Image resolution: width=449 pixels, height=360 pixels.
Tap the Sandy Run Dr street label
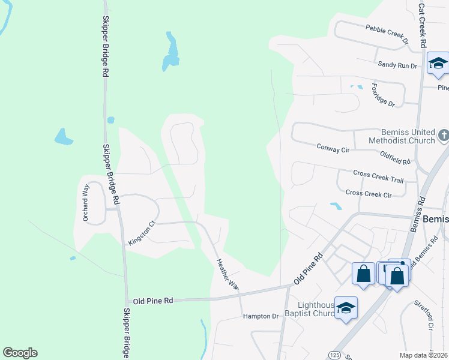(397, 65)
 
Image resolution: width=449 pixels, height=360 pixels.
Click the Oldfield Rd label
(395, 158)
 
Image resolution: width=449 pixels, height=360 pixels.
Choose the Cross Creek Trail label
(378, 175)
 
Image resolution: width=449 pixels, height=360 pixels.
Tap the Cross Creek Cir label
(369, 194)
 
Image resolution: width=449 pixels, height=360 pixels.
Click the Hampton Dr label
(261, 316)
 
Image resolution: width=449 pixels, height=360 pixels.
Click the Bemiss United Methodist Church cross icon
(443, 135)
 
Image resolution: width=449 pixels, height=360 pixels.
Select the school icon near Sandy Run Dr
(438, 64)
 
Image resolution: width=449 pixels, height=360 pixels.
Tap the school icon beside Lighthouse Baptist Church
(346, 308)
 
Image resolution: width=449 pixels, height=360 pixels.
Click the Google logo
(20, 353)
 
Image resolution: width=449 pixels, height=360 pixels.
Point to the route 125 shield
(334, 355)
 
